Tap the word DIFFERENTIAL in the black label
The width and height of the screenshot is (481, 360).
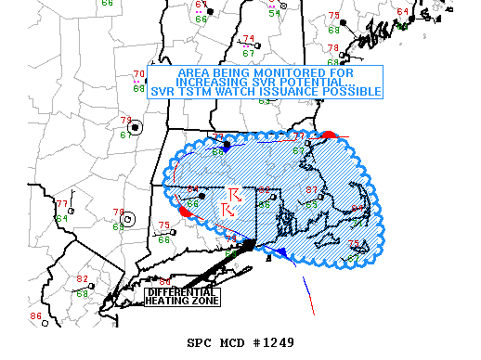tap(182, 292)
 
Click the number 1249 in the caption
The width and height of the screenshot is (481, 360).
tap(276, 342)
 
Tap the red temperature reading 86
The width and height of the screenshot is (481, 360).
tap(35, 317)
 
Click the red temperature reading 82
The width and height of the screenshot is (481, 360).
tap(82, 279)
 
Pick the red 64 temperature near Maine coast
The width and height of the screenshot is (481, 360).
tap(402, 11)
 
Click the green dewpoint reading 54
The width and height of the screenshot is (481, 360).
tap(275, 13)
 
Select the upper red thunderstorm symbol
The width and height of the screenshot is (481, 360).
tap(235, 195)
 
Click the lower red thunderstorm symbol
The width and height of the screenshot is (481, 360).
tap(227, 211)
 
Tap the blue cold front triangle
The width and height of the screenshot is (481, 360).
tap(279, 252)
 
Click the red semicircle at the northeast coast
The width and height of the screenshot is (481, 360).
tap(327, 135)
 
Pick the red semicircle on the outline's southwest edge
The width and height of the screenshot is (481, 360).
tap(185, 212)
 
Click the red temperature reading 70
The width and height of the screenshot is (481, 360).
tap(139, 75)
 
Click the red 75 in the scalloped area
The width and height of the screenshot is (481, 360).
tap(353, 243)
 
